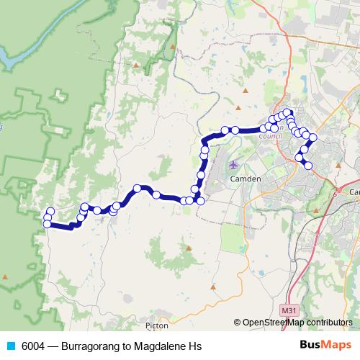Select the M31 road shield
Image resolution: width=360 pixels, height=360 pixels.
tap(288, 310)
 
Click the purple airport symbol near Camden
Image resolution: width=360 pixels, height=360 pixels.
tap(233, 165)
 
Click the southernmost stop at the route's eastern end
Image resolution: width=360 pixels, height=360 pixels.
tap(309, 166)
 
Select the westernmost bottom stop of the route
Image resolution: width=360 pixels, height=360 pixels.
tap(48, 224)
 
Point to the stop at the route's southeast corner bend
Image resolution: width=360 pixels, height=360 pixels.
tap(200, 200)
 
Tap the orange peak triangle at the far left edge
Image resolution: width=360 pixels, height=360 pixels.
tap(6, 276)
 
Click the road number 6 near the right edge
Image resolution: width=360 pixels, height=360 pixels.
tap(336, 194)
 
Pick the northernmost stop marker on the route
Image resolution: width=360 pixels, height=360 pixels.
tap(287, 112)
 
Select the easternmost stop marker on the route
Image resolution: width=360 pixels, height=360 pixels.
tap(312, 137)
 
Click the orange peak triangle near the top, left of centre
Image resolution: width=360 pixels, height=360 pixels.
tap(135, 65)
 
